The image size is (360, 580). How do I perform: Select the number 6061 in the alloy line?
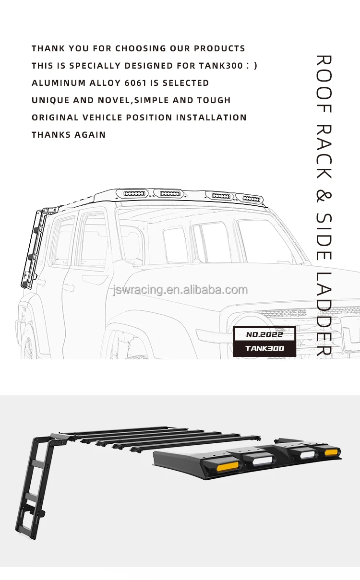[x=135, y=83]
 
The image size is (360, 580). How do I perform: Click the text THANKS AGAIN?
[x=69, y=135]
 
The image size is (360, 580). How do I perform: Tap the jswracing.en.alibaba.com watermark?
[x=180, y=290]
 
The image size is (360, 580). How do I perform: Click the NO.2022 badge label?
[x=264, y=334]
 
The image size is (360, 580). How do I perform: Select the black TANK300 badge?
[x=264, y=348]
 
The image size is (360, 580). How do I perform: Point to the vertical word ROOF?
[x=324, y=84]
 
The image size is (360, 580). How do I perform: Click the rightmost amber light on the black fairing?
[x=332, y=452]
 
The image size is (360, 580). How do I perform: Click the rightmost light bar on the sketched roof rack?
[x=252, y=198]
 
